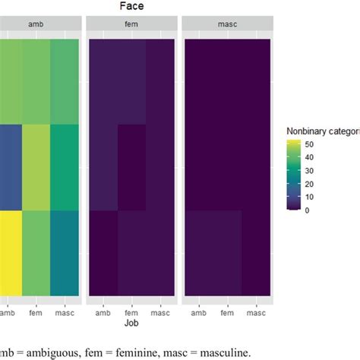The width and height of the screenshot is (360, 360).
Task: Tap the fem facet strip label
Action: tap(132, 25)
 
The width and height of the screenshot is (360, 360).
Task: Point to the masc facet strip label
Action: tap(226, 25)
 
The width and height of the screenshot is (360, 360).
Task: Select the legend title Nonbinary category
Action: tap(322, 131)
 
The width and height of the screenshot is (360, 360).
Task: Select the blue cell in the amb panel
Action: tap(11, 167)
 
